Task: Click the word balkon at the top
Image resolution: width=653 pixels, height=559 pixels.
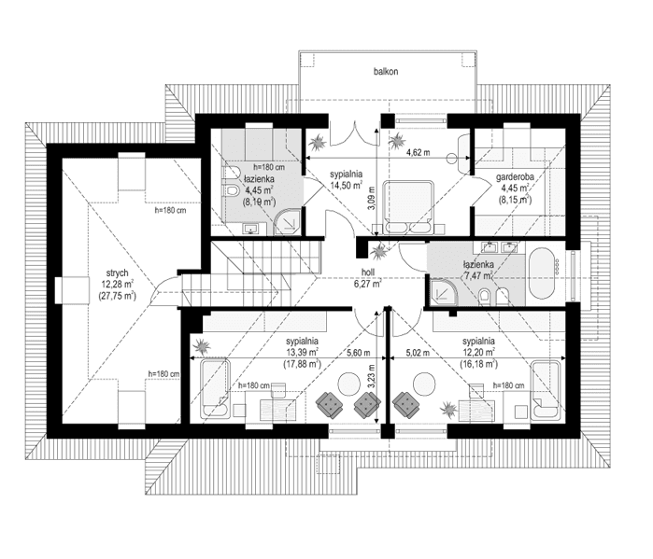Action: (387, 71)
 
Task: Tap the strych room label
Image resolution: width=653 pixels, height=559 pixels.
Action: (118, 273)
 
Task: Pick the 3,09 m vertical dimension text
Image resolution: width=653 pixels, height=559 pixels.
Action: (370, 203)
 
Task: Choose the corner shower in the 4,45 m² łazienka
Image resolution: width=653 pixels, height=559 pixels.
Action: (290, 220)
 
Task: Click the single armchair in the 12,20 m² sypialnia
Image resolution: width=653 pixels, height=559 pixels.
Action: (406, 404)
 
